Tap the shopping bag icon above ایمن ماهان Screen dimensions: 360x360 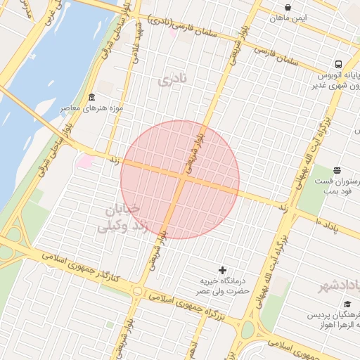(288, 8)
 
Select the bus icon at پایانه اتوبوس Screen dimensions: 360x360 (339, 63)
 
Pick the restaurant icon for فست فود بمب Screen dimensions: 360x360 (337, 169)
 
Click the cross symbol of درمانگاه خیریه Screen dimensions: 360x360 (223, 270)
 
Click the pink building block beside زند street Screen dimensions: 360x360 (85, 161)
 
